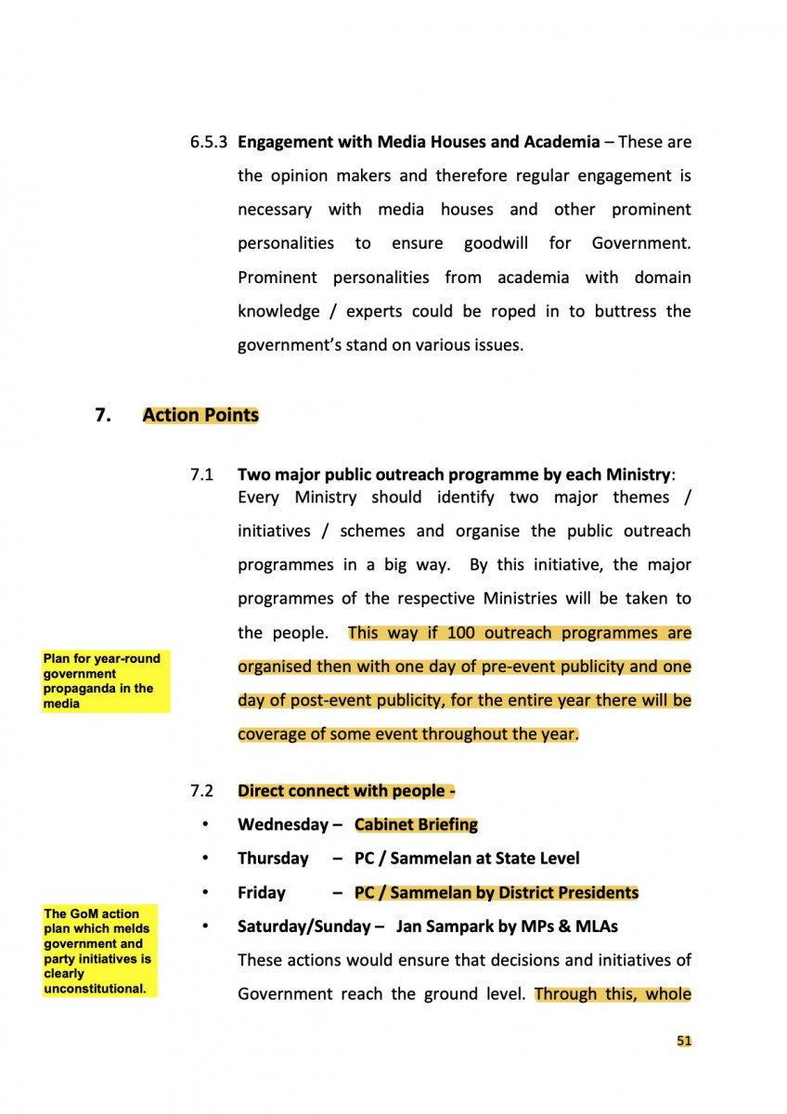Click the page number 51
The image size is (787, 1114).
(684, 1041)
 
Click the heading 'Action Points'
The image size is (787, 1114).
(200, 415)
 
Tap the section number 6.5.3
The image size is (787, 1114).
(210, 142)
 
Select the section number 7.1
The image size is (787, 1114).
(201, 474)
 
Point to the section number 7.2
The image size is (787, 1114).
(201, 791)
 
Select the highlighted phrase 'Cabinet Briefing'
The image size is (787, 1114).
(416, 824)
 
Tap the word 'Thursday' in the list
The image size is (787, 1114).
(273, 859)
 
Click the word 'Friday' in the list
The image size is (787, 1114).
(262, 893)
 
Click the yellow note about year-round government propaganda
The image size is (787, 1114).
(105, 680)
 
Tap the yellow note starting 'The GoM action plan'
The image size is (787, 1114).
(100, 951)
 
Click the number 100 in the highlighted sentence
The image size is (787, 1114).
(461, 633)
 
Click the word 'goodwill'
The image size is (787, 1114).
(496, 243)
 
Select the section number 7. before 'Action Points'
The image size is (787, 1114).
(103, 415)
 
